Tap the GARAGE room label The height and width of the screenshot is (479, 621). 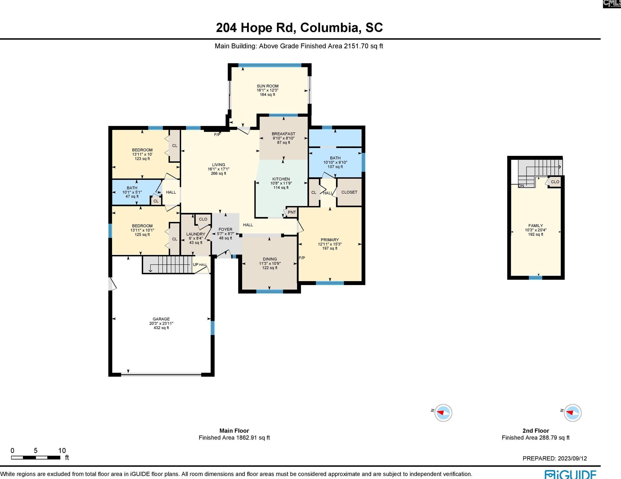pyautogui.click(x=161, y=319)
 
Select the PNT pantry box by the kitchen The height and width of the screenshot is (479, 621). pyautogui.click(x=291, y=212)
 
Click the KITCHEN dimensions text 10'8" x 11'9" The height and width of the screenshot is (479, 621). pyautogui.click(x=281, y=183)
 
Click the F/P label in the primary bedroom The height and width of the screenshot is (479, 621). pyautogui.click(x=302, y=258)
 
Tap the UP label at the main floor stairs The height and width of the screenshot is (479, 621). pyautogui.click(x=196, y=264)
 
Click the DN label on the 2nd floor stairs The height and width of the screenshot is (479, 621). pyautogui.click(x=521, y=186)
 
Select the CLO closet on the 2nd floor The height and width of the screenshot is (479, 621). pyautogui.click(x=555, y=182)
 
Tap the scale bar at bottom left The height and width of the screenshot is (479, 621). pyautogui.click(x=36, y=458)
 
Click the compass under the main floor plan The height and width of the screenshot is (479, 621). pyautogui.click(x=443, y=413)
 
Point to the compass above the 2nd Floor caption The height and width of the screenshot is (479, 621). pyautogui.click(x=572, y=413)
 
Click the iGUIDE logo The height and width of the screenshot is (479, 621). pyautogui.click(x=570, y=474)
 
